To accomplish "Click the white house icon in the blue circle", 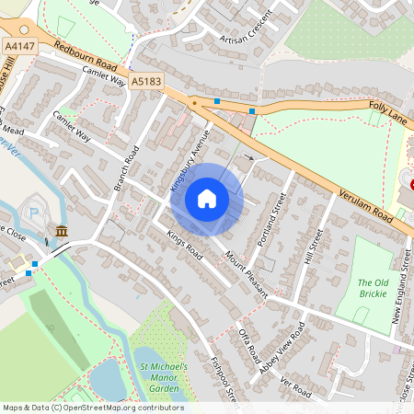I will [207, 198].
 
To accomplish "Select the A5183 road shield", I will [144, 82].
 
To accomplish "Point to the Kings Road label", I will [183, 243].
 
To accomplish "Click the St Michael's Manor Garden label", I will [163, 378].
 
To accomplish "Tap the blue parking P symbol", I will [34, 213].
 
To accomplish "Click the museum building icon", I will [61, 231].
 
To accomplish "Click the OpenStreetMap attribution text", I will [92, 408].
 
